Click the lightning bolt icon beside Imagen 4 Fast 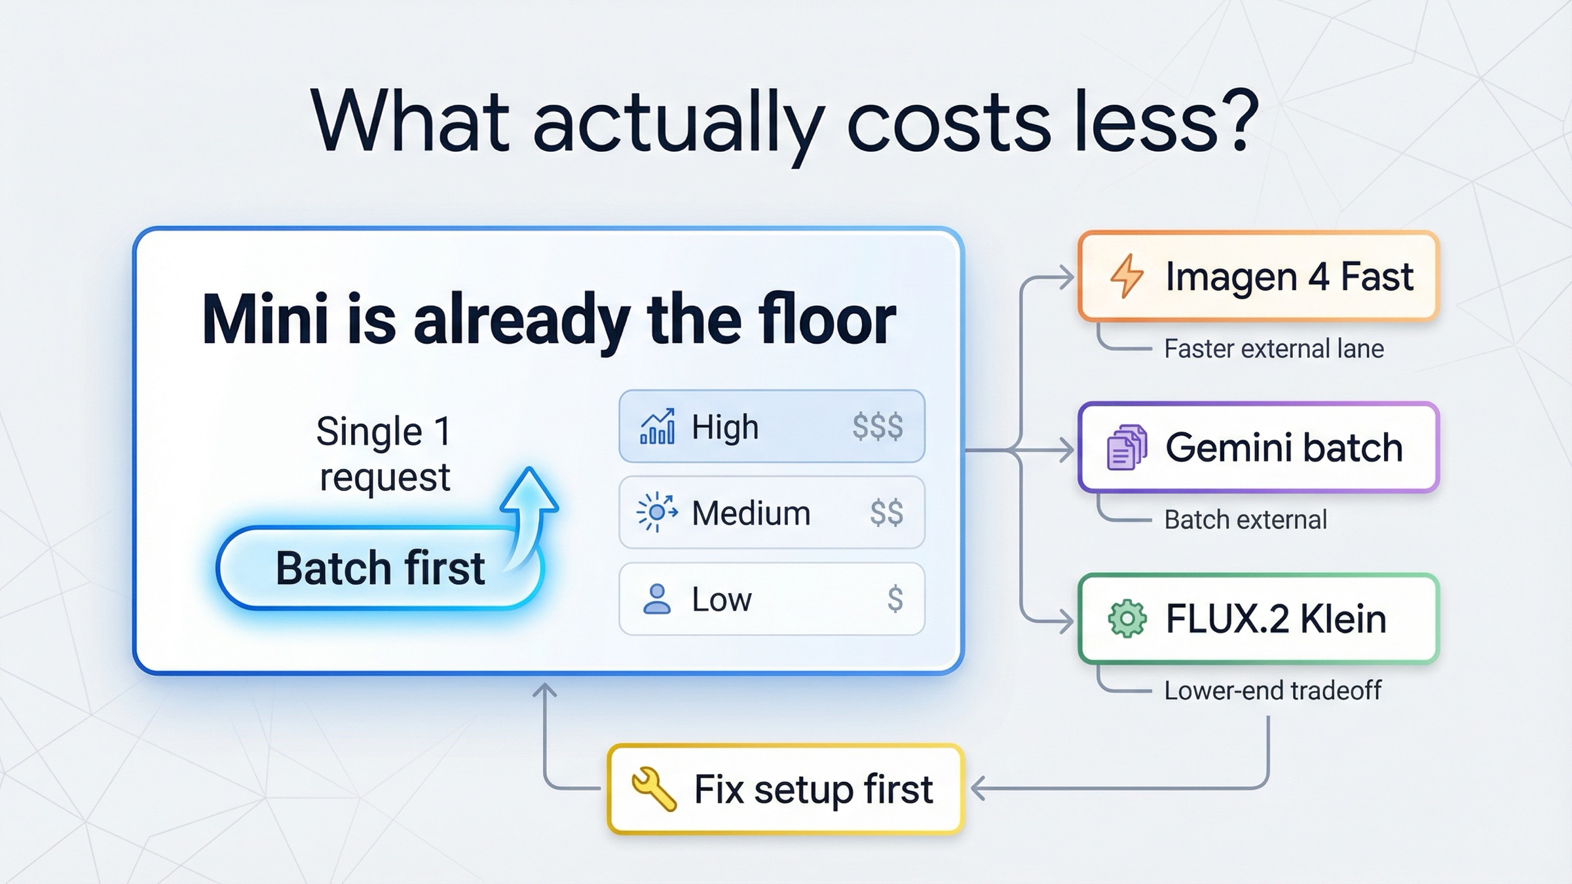(x=1127, y=276)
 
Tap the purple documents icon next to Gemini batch (x=1127, y=447)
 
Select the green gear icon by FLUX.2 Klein (x=1127, y=619)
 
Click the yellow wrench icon (x=653, y=789)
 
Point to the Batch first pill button (x=380, y=568)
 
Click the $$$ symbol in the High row (x=877, y=427)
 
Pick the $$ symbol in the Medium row (x=886, y=513)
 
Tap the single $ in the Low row (x=895, y=599)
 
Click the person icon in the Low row (x=656, y=599)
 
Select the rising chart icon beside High (x=657, y=427)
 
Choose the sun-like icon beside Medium (x=656, y=513)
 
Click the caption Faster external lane (x=1273, y=349)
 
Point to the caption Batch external (x=1245, y=520)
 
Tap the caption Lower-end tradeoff (x=1272, y=691)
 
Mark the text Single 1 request (x=384, y=454)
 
